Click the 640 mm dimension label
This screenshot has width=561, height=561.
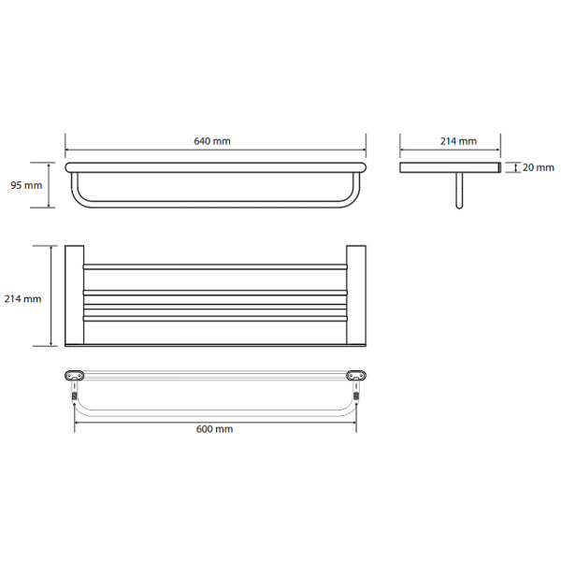pyautogui.click(x=212, y=141)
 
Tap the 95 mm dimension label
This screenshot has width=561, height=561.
pyautogui.click(x=26, y=185)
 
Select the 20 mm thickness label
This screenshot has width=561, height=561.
pyautogui.click(x=539, y=167)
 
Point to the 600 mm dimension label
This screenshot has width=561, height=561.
pyautogui.click(x=215, y=428)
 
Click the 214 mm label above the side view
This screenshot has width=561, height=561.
pyautogui.click(x=458, y=141)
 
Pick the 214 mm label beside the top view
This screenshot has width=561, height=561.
pyautogui.click(x=22, y=299)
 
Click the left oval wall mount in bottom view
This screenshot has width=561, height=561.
pyautogui.click(x=75, y=375)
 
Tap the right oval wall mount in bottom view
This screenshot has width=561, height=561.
pyautogui.click(x=356, y=375)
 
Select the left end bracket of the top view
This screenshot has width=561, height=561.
pyautogui.click(x=75, y=295)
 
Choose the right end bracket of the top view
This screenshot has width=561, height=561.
pyautogui.click(x=356, y=295)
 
